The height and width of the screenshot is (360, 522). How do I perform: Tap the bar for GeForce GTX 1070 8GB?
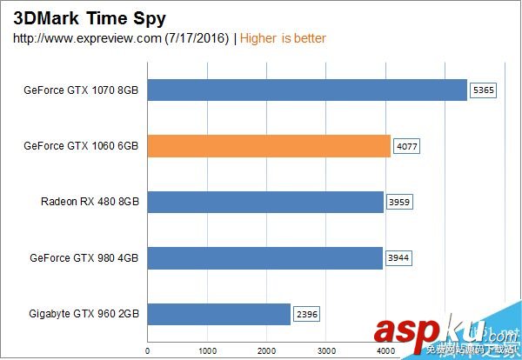click(307, 90)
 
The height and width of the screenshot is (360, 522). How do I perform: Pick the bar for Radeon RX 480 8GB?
click(264, 202)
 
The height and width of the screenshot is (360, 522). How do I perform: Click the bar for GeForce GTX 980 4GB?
click(264, 257)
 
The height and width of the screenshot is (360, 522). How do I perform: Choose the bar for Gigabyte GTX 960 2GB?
click(217, 313)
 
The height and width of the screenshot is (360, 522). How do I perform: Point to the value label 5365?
click(483, 90)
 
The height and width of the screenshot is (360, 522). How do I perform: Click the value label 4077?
click(406, 146)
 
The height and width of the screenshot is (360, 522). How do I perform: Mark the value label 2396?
click(306, 313)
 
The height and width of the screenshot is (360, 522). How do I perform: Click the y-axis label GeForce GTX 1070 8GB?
click(84, 90)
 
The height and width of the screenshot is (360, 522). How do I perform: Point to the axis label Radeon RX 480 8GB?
click(90, 202)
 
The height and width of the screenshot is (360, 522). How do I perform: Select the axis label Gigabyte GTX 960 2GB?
click(84, 313)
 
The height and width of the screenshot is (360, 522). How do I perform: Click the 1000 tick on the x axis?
click(206, 352)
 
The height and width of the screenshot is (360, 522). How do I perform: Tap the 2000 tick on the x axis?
click(266, 352)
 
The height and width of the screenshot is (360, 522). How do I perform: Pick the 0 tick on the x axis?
click(146, 352)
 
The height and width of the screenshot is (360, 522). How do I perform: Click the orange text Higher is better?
click(283, 38)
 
